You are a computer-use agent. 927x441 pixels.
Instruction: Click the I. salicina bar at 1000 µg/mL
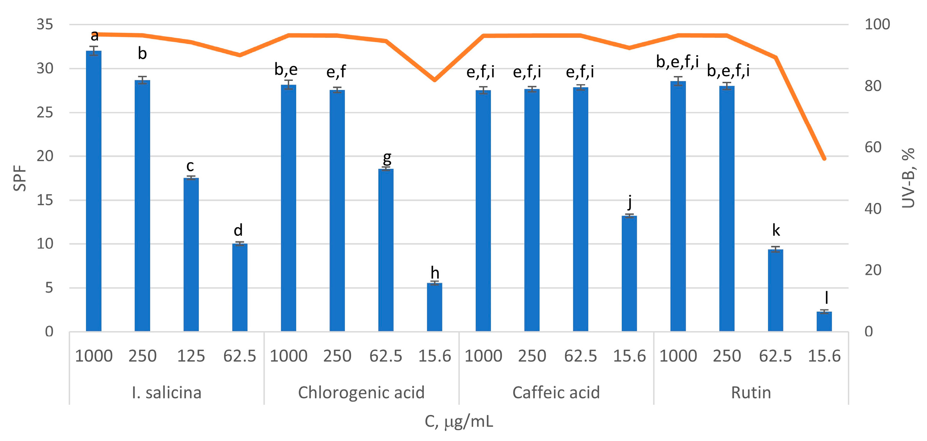point(93,191)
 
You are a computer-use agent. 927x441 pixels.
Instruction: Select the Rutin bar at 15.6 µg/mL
point(824,322)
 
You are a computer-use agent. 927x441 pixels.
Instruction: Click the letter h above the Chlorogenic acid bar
point(435,273)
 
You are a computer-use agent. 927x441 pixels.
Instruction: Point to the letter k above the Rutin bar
point(776,230)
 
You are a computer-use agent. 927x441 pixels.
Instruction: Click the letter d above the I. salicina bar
point(238,230)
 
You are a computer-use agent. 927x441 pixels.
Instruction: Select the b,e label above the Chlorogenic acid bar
point(286,70)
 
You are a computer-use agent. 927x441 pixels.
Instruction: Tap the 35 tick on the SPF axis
point(45,24)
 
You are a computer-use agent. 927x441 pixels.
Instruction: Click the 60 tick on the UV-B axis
point(873,147)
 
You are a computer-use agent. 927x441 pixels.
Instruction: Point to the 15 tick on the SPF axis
point(45,200)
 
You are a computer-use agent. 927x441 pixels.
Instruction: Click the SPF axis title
point(20,178)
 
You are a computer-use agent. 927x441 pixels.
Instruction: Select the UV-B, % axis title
point(908,178)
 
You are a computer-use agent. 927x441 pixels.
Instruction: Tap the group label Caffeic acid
point(556,393)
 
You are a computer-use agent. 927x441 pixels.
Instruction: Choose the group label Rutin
point(750,393)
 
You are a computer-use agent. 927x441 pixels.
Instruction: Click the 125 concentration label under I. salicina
point(191,356)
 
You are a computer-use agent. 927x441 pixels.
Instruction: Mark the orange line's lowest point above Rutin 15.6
point(824,158)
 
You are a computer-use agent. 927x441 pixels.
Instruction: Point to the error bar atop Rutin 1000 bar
point(678,81)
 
